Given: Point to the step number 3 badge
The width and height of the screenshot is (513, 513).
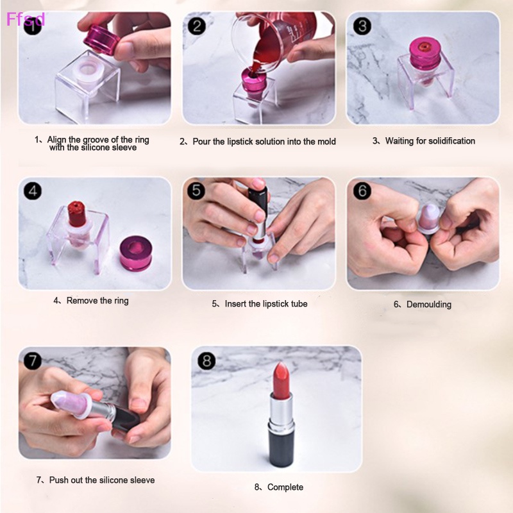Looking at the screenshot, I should point(362,26).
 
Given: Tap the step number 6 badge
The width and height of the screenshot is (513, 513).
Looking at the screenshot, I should point(362,190).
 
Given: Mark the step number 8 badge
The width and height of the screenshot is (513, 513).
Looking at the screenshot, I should point(206,360).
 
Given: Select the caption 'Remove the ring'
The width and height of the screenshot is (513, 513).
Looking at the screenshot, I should point(97,300).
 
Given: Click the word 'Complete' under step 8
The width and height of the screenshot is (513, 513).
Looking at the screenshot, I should point(285,487).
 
